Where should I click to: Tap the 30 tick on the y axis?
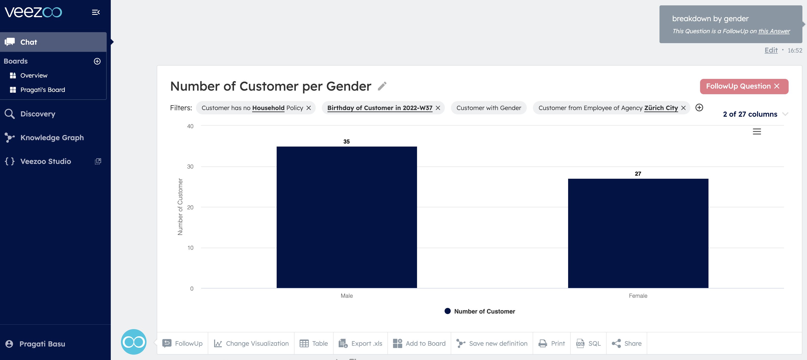[190, 167]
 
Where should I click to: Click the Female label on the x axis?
[638, 296]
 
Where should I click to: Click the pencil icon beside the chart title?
[382, 86]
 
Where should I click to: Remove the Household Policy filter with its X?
[309, 108]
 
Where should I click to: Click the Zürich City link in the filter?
[661, 108]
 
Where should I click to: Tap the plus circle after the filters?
[699, 108]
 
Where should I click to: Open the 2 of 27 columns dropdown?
[755, 114]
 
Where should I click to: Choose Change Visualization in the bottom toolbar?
[251, 343]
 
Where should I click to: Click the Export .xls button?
[361, 343]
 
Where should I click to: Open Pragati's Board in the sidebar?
[43, 90]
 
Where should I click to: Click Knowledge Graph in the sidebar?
[52, 138]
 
